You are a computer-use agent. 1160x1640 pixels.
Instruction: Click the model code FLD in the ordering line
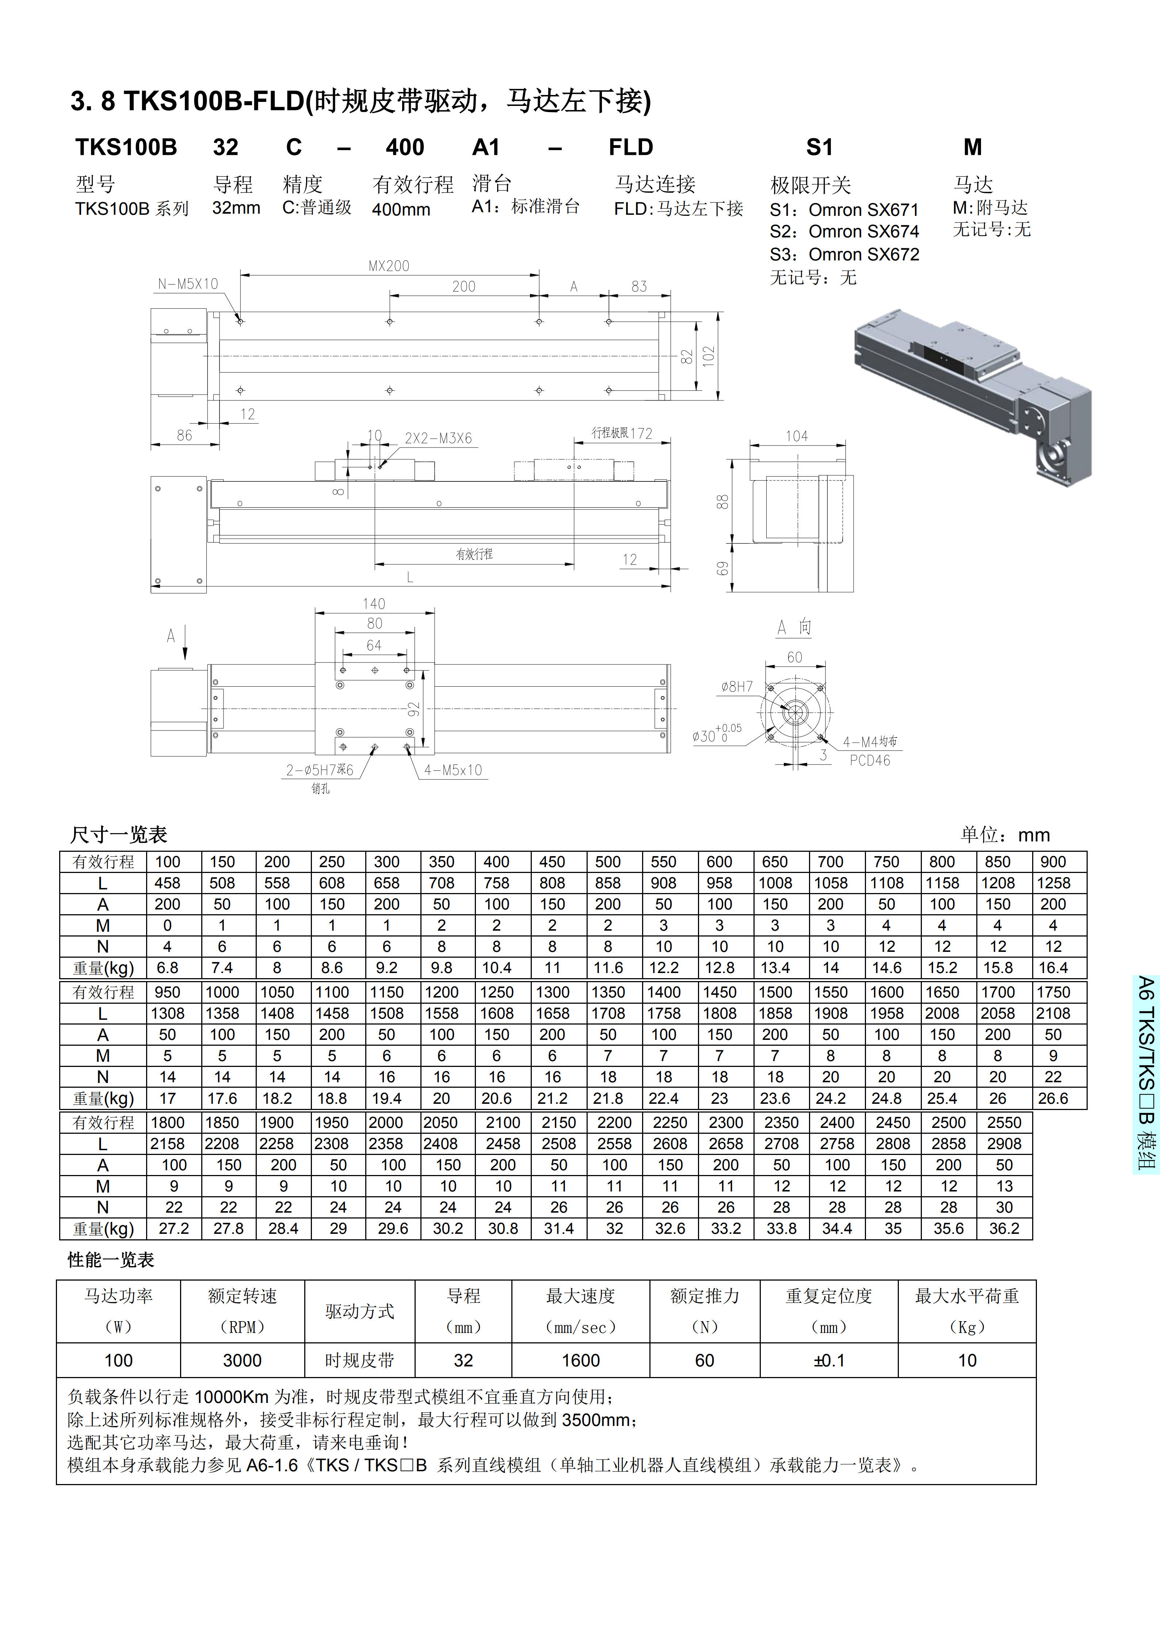tap(631, 147)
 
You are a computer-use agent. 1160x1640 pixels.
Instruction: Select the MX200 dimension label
tap(389, 266)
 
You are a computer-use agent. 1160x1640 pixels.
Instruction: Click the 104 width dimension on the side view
tap(797, 436)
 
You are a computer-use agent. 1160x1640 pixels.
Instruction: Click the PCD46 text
tap(870, 761)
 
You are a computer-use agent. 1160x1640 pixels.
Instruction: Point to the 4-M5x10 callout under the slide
tap(453, 770)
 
